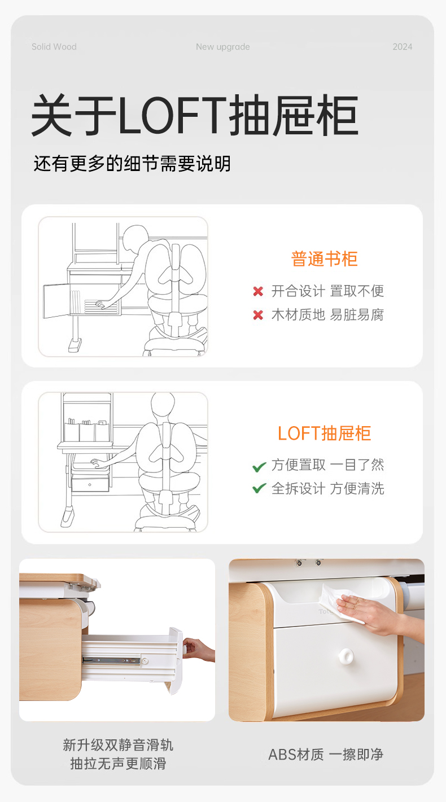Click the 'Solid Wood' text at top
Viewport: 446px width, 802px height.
[54, 47]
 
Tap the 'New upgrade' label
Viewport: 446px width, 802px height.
[223, 47]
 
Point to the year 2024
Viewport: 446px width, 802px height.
[403, 47]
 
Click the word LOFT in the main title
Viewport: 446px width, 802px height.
[172, 115]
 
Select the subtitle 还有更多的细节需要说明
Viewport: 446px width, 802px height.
[132, 164]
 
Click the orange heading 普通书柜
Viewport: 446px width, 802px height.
[324, 259]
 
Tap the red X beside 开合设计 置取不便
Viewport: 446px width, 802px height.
[258, 291]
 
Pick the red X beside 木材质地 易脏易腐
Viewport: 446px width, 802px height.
[258, 315]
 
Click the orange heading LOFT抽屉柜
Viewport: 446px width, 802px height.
[324, 433]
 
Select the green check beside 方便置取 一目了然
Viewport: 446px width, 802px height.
[259, 467]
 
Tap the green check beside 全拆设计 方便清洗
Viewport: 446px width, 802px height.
[259, 488]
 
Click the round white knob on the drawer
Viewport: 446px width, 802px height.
[346, 655]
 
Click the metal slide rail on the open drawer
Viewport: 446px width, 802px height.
[112, 660]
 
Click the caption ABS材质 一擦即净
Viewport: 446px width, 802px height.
[326, 755]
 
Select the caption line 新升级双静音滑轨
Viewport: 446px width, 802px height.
[118, 745]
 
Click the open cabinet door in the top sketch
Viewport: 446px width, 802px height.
[56, 301]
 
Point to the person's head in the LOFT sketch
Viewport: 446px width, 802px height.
[163, 405]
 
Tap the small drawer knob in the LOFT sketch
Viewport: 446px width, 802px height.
[90, 485]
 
